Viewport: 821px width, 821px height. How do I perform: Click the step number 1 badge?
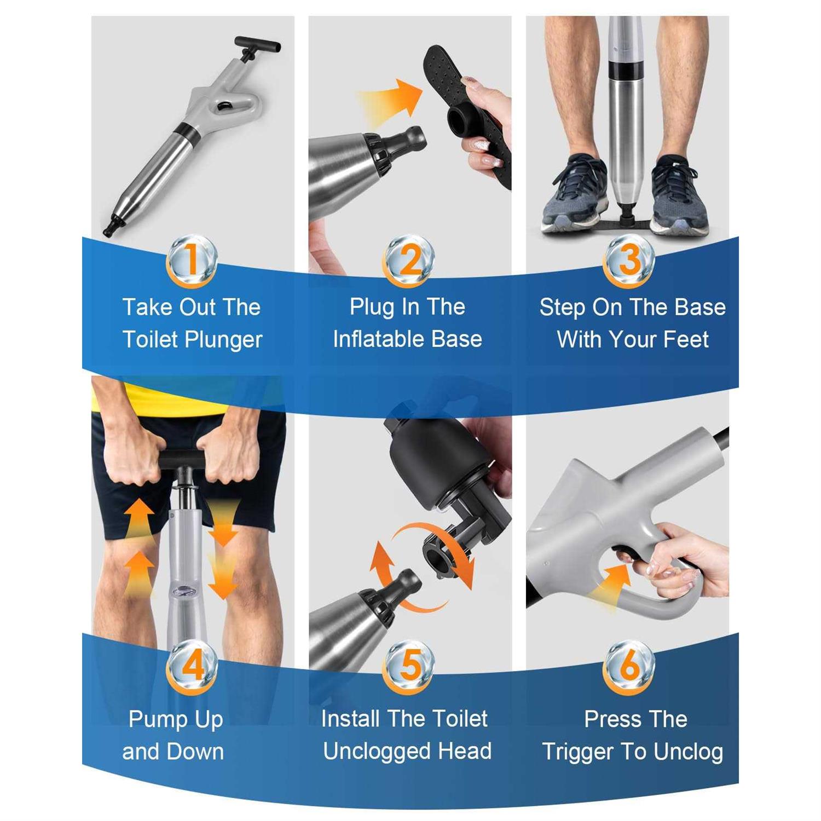(192, 261)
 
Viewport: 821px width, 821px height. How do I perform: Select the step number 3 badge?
(629, 261)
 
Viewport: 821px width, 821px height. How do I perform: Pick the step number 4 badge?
(192, 667)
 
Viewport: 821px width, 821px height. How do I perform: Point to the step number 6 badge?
(629, 667)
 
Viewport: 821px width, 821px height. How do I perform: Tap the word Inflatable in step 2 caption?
(379, 339)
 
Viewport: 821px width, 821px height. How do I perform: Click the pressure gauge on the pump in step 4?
(182, 590)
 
